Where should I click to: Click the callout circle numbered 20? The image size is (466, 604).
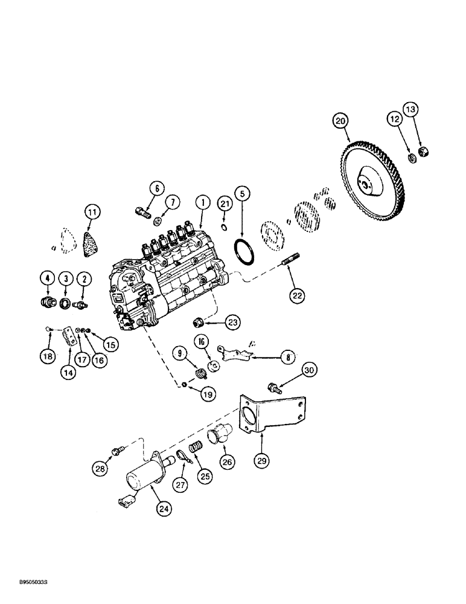coord(342,121)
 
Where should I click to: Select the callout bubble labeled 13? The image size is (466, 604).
coord(411,109)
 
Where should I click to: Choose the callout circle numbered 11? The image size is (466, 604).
coord(92,213)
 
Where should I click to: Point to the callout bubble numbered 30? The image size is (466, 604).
coord(308,370)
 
